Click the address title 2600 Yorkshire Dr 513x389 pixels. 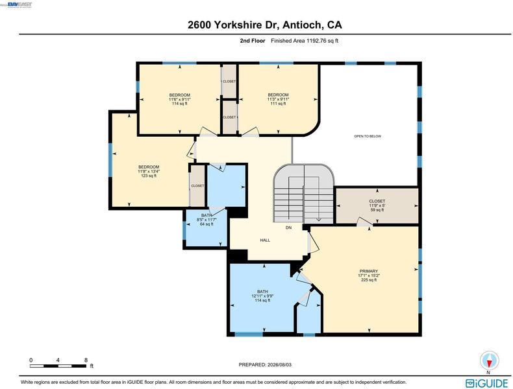(233, 25)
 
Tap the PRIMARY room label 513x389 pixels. (369, 271)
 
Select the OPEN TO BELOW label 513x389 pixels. (368, 136)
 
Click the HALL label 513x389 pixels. (265, 240)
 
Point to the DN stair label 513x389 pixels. (288, 228)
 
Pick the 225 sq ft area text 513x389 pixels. (369, 280)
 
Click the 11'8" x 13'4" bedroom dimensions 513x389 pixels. (149, 171)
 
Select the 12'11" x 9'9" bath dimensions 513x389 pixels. (262, 296)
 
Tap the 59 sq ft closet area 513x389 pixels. (377, 210)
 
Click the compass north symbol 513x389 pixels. (490, 361)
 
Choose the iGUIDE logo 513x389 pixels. (488, 383)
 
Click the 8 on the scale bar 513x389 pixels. (86, 360)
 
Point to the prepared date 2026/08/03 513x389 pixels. (279, 364)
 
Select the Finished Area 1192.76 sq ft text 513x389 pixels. (305, 41)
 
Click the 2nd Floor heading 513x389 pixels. (253, 41)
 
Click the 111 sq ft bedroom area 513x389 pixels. (279, 104)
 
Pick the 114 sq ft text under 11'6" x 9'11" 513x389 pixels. (180, 104)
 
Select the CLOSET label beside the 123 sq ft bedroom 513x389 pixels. (197, 186)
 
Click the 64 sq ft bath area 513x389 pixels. (206, 224)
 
